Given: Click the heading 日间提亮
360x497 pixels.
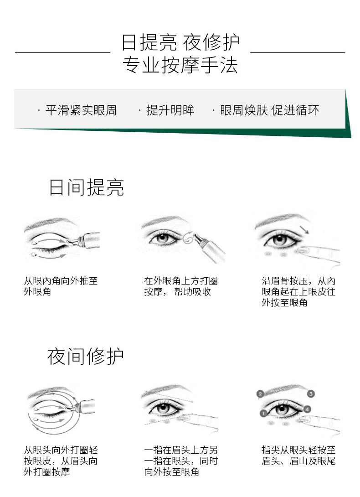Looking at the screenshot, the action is [86, 187].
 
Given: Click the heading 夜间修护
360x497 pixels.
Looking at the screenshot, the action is [86, 356].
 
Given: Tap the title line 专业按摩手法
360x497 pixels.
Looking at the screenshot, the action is [180, 65].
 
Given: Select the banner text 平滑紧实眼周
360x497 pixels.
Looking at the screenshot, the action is [81, 110].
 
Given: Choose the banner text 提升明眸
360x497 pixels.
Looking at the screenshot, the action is [170, 110].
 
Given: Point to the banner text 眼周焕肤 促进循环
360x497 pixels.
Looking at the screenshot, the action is [270, 110].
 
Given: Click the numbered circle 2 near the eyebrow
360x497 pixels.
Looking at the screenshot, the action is [260, 394].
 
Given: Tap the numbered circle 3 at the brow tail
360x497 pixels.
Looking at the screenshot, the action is [311, 394].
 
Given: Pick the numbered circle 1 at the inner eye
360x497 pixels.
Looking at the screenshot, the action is [263, 413].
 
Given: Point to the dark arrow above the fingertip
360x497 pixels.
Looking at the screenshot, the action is [304, 229].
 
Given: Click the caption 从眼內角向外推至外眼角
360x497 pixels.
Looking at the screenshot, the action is [61, 286].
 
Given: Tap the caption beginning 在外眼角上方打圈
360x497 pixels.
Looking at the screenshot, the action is [180, 286].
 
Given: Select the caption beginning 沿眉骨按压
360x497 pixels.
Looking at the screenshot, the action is [298, 292].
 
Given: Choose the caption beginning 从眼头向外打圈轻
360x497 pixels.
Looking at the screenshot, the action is [61, 461].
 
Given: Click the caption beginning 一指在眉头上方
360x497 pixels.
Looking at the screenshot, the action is [180, 461].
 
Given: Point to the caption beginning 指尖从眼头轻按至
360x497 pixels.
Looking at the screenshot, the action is [298, 456].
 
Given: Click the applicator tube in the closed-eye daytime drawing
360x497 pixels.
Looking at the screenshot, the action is [85, 240].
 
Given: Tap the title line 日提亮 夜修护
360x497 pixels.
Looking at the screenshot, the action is [180, 42].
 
